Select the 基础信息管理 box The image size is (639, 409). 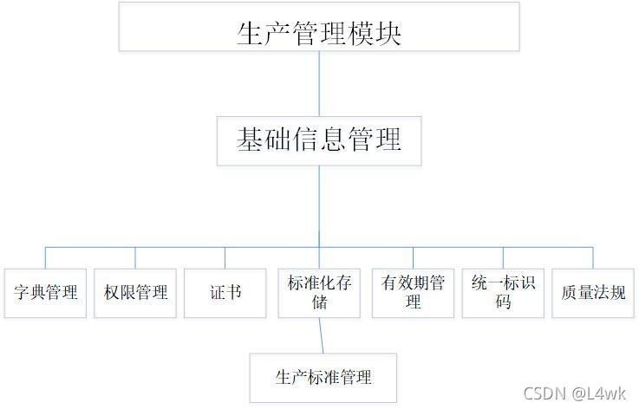point(319,140)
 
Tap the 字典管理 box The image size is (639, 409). point(45,292)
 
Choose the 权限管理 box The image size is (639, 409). point(135,292)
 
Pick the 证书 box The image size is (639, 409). point(225,292)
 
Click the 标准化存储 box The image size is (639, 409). point(319,292)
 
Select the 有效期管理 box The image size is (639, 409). point(413,292)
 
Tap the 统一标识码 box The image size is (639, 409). point(503,292)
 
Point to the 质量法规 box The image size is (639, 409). point(593,292)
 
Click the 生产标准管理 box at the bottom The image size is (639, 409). point(323,378)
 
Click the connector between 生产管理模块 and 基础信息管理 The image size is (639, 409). point(319,83)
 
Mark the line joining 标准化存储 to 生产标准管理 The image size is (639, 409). point(322,334)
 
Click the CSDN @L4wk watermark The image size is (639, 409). point(574,394)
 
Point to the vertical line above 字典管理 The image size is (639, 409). point(45,257)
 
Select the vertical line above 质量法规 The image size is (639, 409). point(593,257)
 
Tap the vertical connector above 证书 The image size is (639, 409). point(225,257)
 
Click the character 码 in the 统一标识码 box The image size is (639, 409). point(503,302)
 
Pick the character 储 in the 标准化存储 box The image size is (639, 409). point(319,302)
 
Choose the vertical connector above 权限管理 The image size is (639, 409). point(135,257)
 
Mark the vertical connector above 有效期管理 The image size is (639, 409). point(413,257)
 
